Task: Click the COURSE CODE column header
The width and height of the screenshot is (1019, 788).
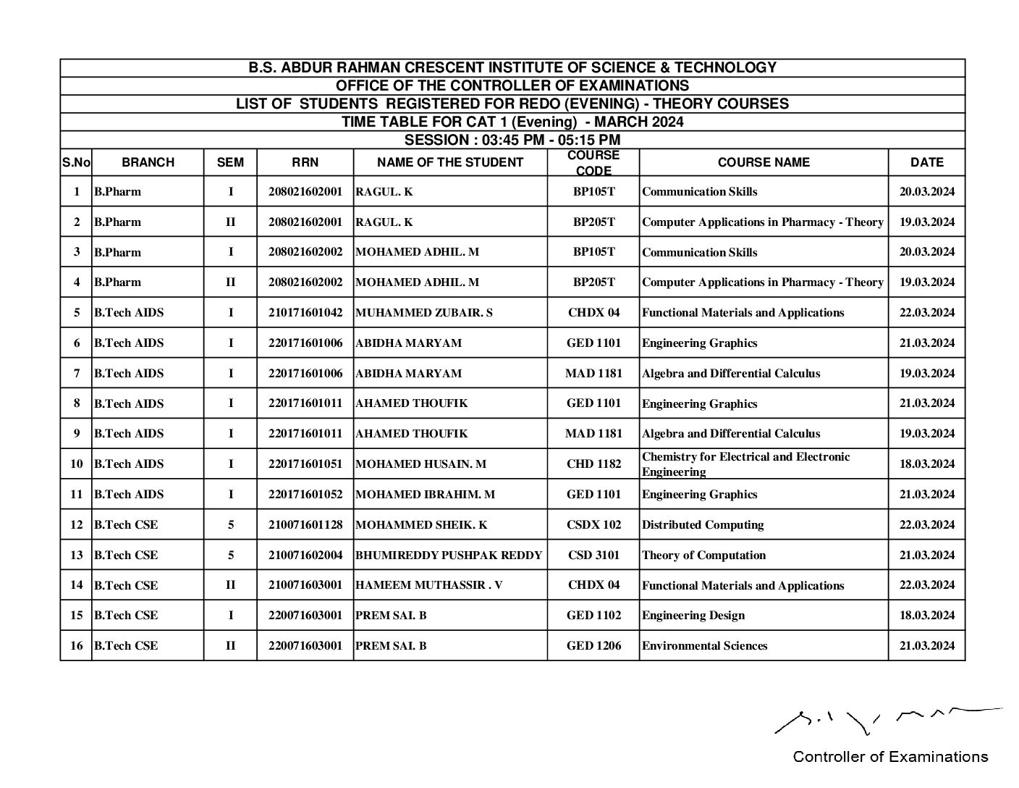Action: [x=593, y=163]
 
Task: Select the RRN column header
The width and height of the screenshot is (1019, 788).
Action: [x=305, y=163]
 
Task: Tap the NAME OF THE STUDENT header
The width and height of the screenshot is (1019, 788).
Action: [x=450, y=163]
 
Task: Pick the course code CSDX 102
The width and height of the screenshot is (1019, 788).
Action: [x=593, y=525]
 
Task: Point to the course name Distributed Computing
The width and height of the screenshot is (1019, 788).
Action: [x=703, y=525]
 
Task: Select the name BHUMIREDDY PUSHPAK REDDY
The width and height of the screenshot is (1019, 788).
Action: [x=449, y=556]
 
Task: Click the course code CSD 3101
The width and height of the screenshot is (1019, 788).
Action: [x=593, y=556]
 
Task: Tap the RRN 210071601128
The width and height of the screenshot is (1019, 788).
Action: [x=305, y=525]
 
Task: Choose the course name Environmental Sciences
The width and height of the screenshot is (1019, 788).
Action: [x=704, y=646]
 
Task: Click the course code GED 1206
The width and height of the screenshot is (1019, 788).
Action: [x=593, y=646]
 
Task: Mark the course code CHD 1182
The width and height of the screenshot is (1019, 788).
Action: [x=593, y=464]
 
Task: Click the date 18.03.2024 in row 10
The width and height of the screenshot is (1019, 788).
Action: [x=926, y=464]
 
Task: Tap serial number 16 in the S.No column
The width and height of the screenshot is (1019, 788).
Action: [x=76, y=646]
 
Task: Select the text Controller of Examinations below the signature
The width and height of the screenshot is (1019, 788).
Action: [x=889, y=758]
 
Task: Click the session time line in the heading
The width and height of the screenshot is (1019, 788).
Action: [x=512, y=140]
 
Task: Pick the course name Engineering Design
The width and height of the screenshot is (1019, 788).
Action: [x=693, y=616]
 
